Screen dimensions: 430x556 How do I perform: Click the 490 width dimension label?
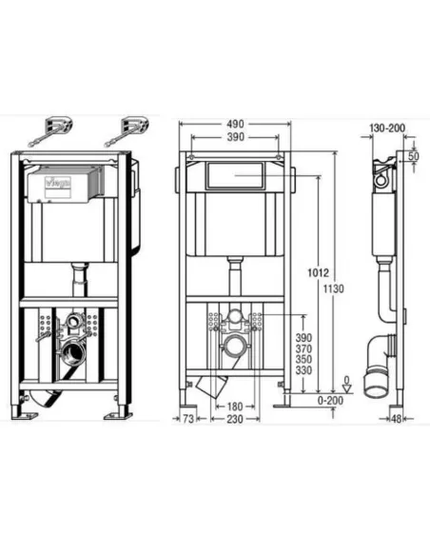point(236,124)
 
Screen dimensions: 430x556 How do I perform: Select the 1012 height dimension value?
point(318,272)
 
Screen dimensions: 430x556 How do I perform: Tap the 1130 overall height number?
point(333,289)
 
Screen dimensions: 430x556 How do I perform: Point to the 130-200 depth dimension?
point(387,128)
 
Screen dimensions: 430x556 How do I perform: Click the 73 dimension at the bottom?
point(188,419)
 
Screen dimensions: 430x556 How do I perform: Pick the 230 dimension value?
point(235,419)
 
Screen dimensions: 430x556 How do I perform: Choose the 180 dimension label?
point(235,407)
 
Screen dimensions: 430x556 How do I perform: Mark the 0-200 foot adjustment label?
point(330,401)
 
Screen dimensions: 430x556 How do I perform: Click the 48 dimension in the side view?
point(397,419)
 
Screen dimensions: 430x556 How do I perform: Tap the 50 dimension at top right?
point(414,156)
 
